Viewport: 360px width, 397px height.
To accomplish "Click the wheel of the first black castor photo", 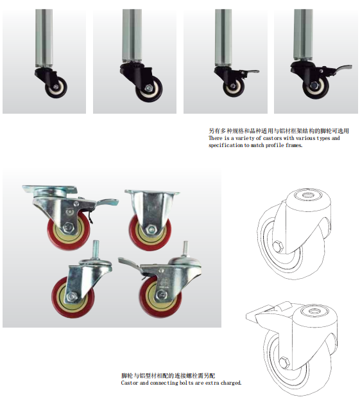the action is pos(56,87).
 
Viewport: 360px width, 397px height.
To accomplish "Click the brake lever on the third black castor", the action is pos(250,72).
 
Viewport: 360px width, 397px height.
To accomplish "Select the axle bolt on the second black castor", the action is pos(149,88).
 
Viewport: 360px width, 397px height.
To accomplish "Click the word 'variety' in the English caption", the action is pos(245,138).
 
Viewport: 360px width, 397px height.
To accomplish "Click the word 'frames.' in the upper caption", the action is pos(294,145).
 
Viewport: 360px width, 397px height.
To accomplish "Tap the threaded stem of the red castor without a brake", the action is pos(95,250).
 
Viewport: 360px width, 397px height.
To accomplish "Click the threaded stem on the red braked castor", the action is pos(185,249).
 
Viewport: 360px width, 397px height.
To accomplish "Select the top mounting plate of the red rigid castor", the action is pos(152,193).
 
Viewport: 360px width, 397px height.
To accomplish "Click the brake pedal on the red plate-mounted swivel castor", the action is pos(107,202).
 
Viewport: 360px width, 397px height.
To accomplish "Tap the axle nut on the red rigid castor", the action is pos(151,229).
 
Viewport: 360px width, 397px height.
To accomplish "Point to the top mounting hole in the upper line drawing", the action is pos(308,196).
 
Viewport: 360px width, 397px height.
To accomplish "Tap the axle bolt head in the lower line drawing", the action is pos(284,362).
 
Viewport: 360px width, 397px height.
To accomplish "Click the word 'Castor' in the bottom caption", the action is pos(130,383).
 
